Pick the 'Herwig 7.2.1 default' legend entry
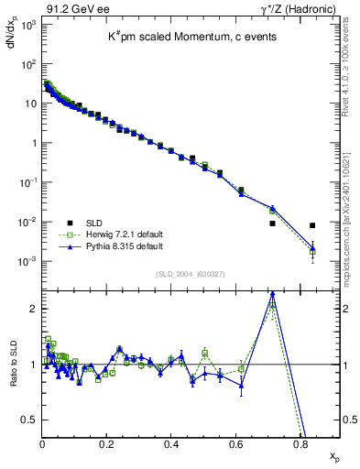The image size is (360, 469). [125, 234]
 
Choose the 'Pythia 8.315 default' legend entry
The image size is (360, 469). [125, 246]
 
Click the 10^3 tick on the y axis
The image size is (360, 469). [27, 24]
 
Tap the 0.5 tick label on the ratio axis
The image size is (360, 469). [28, 420]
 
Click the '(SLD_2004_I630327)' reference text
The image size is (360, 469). [191, 274]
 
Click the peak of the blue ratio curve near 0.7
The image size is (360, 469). [272, 294]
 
